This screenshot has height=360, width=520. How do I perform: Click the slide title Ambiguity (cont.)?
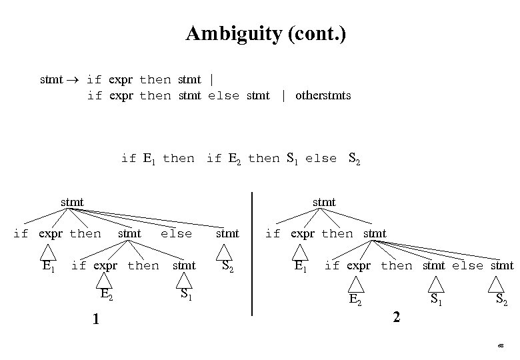(266, 33)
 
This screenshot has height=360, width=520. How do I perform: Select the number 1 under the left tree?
(97, 319)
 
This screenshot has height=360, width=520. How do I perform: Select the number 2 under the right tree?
(397, 317)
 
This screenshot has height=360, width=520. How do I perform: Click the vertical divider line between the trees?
(252, 253)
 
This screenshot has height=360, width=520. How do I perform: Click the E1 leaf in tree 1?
(48, 266)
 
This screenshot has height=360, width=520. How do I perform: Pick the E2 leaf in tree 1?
(106, 294)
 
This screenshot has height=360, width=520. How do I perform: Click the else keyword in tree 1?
(177, 233)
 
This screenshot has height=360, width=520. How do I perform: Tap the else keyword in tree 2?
(467, 265)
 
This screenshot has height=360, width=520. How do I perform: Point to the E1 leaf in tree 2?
(301, 266)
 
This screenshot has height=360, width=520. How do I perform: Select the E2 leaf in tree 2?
(356, 299)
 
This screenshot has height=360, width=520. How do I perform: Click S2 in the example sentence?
(354, 159)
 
